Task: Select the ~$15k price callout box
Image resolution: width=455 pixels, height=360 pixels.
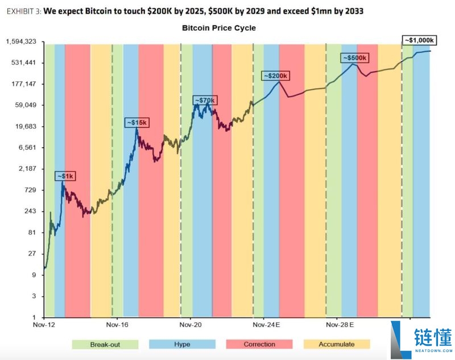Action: point(136,122)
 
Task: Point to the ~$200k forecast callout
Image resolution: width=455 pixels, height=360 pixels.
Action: point(276,76)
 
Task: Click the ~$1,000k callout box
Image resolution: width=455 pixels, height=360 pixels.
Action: point(420,40)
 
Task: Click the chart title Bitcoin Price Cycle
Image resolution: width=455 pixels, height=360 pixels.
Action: point(219,28)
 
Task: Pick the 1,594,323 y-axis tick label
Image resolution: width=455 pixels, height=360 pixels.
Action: point(21,42)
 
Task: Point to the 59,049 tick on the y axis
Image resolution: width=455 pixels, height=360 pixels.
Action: point(26,105)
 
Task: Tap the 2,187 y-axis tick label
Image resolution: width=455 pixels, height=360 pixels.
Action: point(27,169)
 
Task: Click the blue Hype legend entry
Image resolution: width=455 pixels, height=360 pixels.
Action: point(182,344)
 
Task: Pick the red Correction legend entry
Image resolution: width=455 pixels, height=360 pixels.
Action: point(259,344)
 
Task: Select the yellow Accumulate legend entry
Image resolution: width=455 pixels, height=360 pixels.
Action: point(336,344)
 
